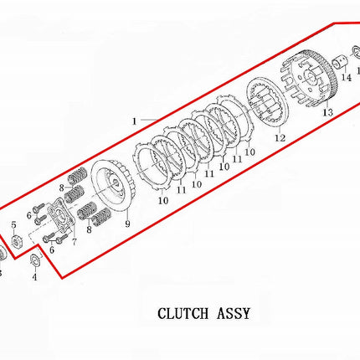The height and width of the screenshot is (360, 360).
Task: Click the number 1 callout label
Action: pyautogui.click(x=135, y=121)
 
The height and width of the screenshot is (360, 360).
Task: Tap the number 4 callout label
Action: pyautogui.click(x=34, y=277)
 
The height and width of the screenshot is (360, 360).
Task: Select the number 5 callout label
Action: pyautogui.click(x=14, y=225)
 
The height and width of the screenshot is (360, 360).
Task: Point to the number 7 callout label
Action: pyautogui.click(x=74, y=242)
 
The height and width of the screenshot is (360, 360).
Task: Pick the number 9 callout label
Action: pyautogui.click(x=127, y=224)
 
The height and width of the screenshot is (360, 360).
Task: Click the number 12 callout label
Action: pyautogui.click(x=280, y=138)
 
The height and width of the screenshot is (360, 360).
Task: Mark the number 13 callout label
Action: pyautogui.click(x=328, y=112)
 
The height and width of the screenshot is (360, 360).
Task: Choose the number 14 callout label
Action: pyautogui.click(x=347, y=78)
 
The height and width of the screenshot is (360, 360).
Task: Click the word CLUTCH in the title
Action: pyautogui.click(x=183, y=313)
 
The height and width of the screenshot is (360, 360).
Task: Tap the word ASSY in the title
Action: pyautogui.click(x=233, y=313)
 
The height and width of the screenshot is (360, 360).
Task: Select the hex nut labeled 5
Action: pyautogui.click(x=16, y=241)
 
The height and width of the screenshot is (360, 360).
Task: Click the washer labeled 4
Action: pyautogui.click(x=35, y=260)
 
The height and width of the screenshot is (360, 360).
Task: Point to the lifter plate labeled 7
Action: pyautogui.click(x=61, y=217)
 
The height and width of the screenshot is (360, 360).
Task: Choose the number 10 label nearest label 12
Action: pyautogui.click(x=250, y=152)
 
